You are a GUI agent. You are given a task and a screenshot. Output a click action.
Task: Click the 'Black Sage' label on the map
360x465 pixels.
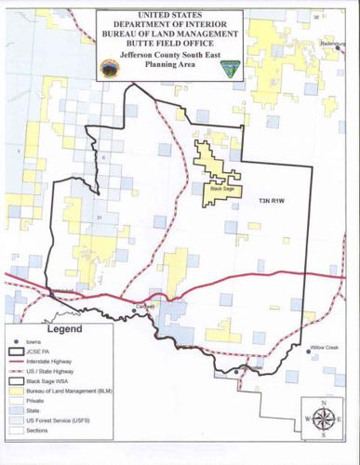pos(222,189)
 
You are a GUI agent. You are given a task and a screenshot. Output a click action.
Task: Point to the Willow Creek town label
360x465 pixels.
pos(325,347)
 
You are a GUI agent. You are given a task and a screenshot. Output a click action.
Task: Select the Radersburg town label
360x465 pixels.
pos(333,44)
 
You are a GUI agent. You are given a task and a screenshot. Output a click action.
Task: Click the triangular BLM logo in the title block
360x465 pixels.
pos(227,68)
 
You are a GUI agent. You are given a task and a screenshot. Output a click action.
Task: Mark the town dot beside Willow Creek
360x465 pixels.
pos(308,351)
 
